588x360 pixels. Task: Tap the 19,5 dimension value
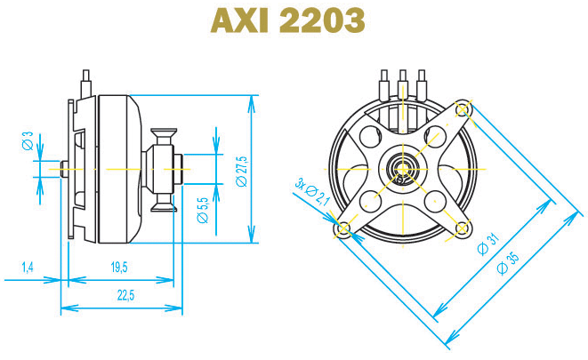click(x=119, y=267)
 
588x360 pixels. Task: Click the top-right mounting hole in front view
click(x=463, y=109)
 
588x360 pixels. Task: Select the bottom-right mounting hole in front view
click(x=462, y=228)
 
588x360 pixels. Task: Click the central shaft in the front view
click(x=403, y=166)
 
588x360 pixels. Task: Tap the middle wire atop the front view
click(x=403, y=84)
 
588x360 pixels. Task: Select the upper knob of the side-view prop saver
click(x=165, y=136)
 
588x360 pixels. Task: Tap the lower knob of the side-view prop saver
click(x=165, y=205)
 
